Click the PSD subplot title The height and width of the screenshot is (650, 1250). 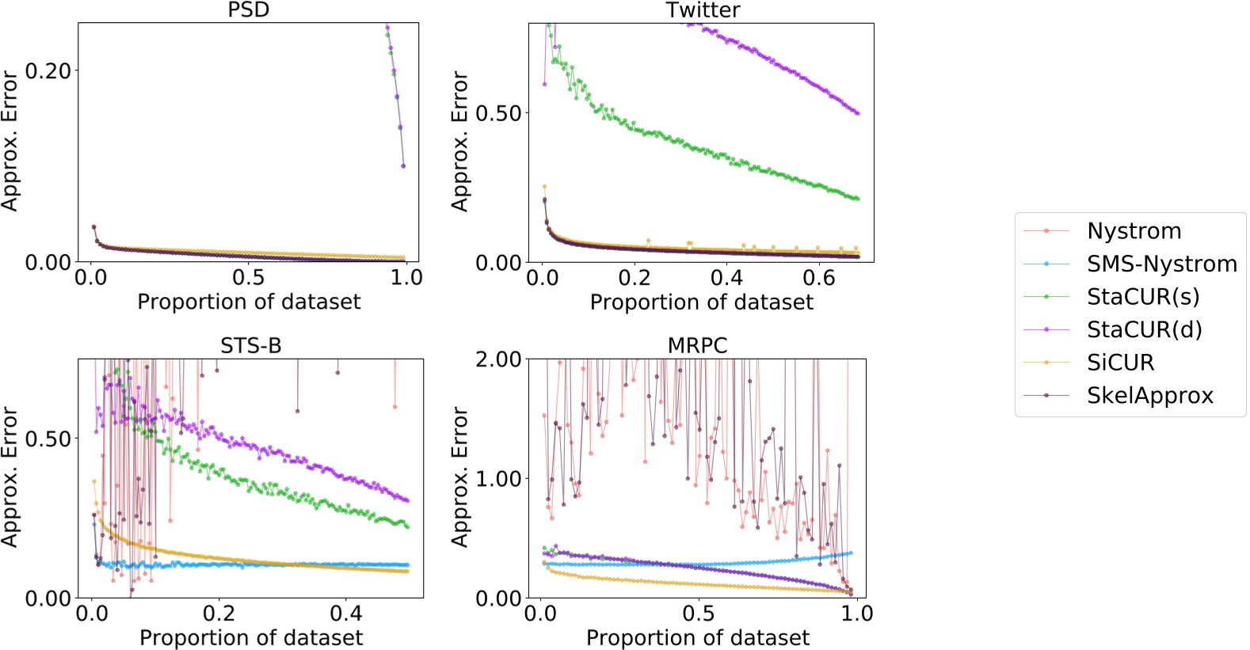[248, 10]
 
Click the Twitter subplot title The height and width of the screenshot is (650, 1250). [703, 10]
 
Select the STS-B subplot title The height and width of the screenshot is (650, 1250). [250, 346]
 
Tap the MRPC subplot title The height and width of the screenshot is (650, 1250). [697, 346]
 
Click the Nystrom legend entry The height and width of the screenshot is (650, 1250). [1134, 231]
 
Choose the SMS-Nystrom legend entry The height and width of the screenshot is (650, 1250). [1161, 264]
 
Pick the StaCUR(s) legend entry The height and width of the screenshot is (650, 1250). [1142, 297]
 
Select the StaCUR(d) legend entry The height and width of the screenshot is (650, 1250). [1144, 329]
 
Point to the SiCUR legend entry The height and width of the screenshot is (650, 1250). [1120, 363]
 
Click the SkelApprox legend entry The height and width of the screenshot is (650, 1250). [1149, 395]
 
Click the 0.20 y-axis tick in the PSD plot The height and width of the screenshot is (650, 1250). [48, 70]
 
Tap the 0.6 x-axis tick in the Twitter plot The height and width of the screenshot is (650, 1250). [818, 278]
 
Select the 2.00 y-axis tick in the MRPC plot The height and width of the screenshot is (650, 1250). [498, 359]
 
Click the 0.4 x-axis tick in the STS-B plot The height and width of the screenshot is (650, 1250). [345, 614]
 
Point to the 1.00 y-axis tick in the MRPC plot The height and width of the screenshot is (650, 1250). [498, 479]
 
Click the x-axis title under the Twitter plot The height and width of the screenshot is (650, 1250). [701, 302]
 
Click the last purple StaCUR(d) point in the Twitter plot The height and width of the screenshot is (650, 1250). [858, 113]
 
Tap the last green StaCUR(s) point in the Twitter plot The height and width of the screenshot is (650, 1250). [858, 199]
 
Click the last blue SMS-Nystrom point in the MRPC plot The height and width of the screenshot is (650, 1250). [851, 553]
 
